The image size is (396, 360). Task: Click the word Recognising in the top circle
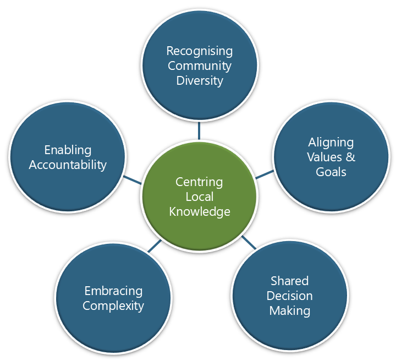point(199,51)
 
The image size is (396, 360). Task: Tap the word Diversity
point(199,81)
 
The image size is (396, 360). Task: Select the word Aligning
point(331,143)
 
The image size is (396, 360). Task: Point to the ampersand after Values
point(350,157)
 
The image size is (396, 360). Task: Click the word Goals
point(331,172)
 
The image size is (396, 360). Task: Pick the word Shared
point(289,281)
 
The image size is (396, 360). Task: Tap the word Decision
point(289,296)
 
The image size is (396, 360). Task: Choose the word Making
point(289,310)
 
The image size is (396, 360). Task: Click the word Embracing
point(113,291)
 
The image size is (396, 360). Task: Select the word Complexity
point(113,306)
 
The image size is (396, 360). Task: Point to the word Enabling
point(68,150)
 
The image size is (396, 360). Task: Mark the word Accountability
point(68,165)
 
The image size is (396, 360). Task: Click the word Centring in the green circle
point(199,182)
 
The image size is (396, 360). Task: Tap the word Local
point(199,197)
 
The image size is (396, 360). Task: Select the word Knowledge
point(199,211)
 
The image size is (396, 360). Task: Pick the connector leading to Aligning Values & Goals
point(265,174)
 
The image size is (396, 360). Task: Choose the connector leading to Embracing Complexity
point(154,246)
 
